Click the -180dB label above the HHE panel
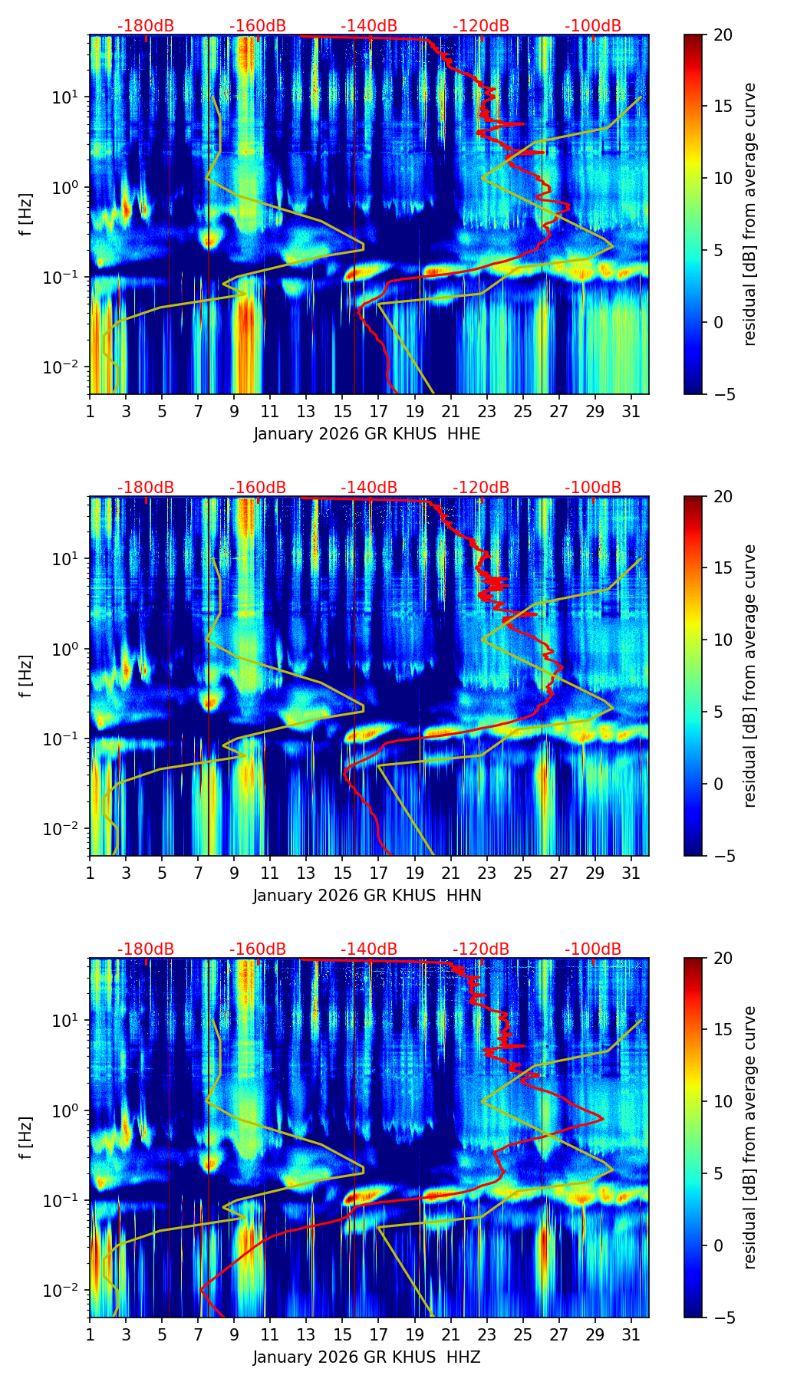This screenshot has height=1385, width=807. click(146, 26)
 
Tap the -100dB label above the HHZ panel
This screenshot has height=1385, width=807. click(593, 949)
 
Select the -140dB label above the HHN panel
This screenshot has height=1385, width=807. click(369, 488)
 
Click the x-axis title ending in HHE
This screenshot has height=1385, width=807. click(367, 434)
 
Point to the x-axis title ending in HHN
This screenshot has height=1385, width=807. click(367, 896)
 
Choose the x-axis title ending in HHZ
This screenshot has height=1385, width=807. click(367, 1357)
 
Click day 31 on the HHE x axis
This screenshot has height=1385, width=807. click(631, 411)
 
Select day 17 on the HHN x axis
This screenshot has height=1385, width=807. click(378, 873)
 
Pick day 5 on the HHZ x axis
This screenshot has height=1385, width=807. click(162, 1334)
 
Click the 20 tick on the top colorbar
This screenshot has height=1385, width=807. click(723, 35)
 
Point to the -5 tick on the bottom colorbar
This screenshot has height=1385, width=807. click(723, 1318)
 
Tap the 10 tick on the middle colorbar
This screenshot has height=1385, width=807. click(723, 640)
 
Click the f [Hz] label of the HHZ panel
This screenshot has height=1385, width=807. click(26, 1137)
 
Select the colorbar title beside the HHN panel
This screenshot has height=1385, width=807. click(749, 676)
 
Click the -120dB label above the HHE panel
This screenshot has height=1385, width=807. click(481, 26)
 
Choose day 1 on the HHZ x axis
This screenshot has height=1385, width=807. click(90, 1334)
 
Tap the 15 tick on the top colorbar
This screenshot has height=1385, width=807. click(723, 106)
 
